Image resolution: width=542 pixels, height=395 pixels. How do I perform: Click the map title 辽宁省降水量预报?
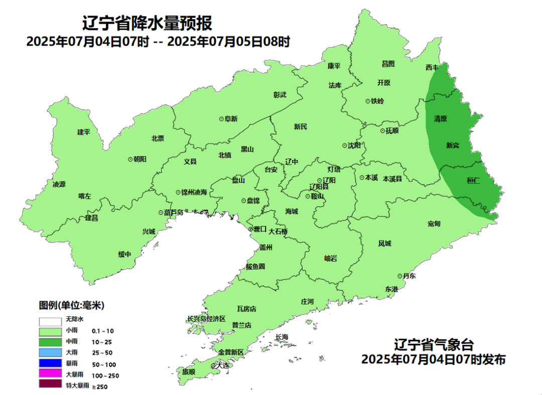(x=147, y=23)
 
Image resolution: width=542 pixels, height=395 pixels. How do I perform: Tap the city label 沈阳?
(x=354, y=146)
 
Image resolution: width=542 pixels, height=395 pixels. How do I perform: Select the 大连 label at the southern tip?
(x=221, y=365)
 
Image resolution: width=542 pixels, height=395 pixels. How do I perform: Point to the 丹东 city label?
(x=409, y=276)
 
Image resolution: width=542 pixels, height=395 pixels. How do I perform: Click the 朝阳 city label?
(x=140, y=159)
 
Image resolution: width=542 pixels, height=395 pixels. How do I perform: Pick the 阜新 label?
(x=231, y=119)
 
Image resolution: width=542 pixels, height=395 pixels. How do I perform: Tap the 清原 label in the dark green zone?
(x=440, y=119)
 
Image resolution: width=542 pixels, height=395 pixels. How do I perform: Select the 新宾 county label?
(x=453, y=146)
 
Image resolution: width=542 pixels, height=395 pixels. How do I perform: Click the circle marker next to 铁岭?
(x=367, y=101)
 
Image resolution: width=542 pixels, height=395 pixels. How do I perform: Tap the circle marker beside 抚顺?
(x=382, y=130)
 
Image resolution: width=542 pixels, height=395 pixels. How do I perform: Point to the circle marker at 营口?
(x=250, y=229)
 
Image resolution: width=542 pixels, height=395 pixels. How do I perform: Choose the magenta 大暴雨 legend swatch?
(x=50, y=374)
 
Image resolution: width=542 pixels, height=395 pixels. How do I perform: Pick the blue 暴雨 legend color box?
(x=50, y=363)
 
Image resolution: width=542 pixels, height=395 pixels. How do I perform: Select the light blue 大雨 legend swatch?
(x=50, y=352)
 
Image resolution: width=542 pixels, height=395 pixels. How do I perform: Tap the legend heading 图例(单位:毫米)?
(x=71, y=305)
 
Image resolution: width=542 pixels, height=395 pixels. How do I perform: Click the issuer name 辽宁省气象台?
(x=434, y=345)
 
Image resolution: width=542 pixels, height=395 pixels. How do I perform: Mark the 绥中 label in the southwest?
(x=124, y=254)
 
